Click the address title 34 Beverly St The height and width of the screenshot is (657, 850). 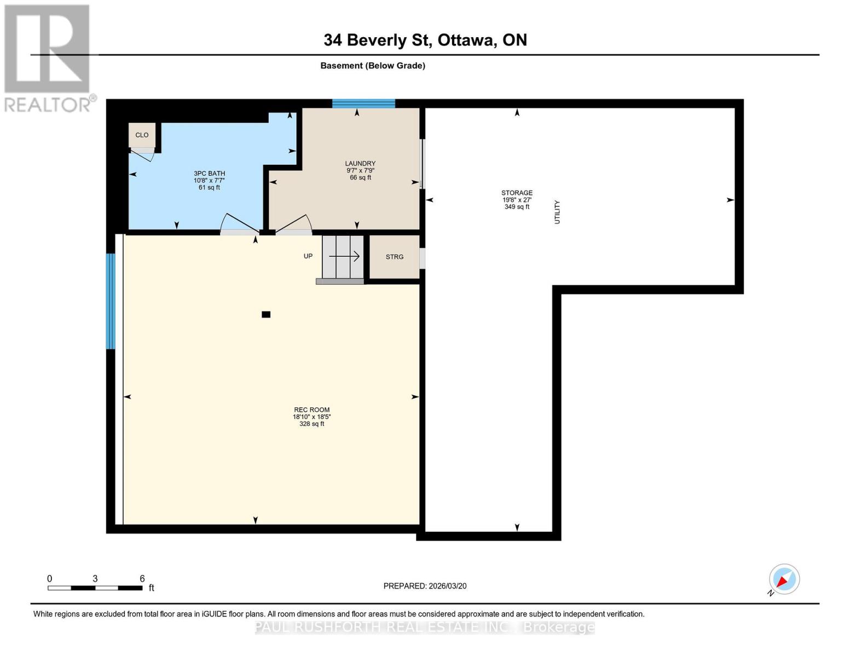point(425,40)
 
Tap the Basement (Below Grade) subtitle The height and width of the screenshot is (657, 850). point(372,66)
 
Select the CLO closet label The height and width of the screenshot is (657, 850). point(142,135)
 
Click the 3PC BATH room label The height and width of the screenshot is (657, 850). point(209,174)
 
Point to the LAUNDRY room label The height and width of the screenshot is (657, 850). point(360,164)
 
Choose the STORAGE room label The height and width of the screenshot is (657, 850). point(517,193)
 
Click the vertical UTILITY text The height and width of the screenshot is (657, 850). point(557,212)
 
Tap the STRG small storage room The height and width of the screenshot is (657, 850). point(395,257)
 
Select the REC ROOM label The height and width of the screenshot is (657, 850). point(311,410)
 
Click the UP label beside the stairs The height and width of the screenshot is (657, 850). point(308,256)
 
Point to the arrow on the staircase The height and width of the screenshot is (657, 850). point(344,256)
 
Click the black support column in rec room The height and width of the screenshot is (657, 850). point(266,314)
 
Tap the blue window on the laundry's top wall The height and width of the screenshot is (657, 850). point(363,103)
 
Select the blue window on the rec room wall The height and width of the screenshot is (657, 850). point(111,301)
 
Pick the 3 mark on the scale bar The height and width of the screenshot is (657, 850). point(95,579)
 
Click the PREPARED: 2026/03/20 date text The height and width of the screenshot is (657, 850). point(425,586)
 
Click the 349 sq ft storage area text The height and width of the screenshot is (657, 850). point(517,207)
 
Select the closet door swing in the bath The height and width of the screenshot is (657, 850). point(144,155)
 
